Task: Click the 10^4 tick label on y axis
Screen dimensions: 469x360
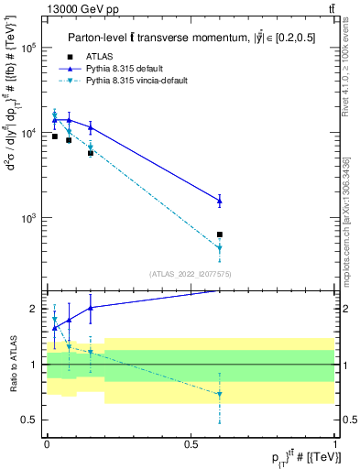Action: click(28, 134)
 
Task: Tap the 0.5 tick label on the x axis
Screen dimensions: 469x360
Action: click(191, 442)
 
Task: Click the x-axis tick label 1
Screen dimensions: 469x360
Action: click(335, 442)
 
